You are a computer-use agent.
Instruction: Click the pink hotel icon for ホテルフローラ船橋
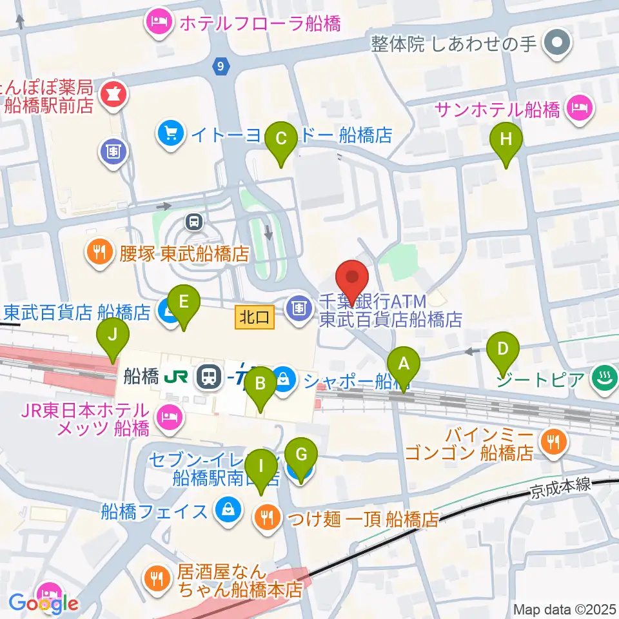(x=159, y=23)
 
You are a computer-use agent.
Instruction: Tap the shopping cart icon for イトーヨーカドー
(x=171, y=133)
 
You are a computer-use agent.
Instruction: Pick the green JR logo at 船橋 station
(x=178, y=377)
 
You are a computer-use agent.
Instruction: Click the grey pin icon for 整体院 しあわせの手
(x=554, y=43)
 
